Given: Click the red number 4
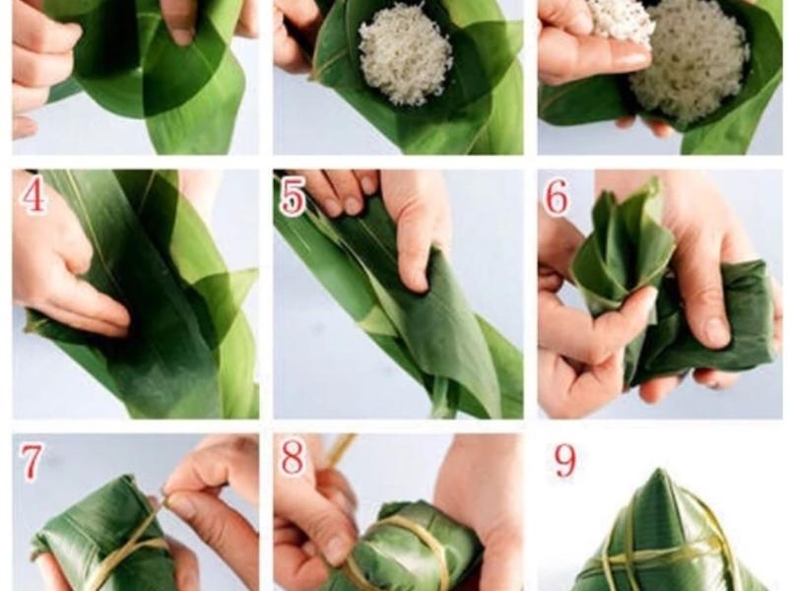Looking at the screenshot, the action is click(x=33, y=196).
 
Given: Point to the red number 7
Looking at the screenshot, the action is click(x=32, y=461).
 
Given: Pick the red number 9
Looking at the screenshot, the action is click(x=564, y=462).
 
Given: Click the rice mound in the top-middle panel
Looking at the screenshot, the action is click(x=405, y=59).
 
